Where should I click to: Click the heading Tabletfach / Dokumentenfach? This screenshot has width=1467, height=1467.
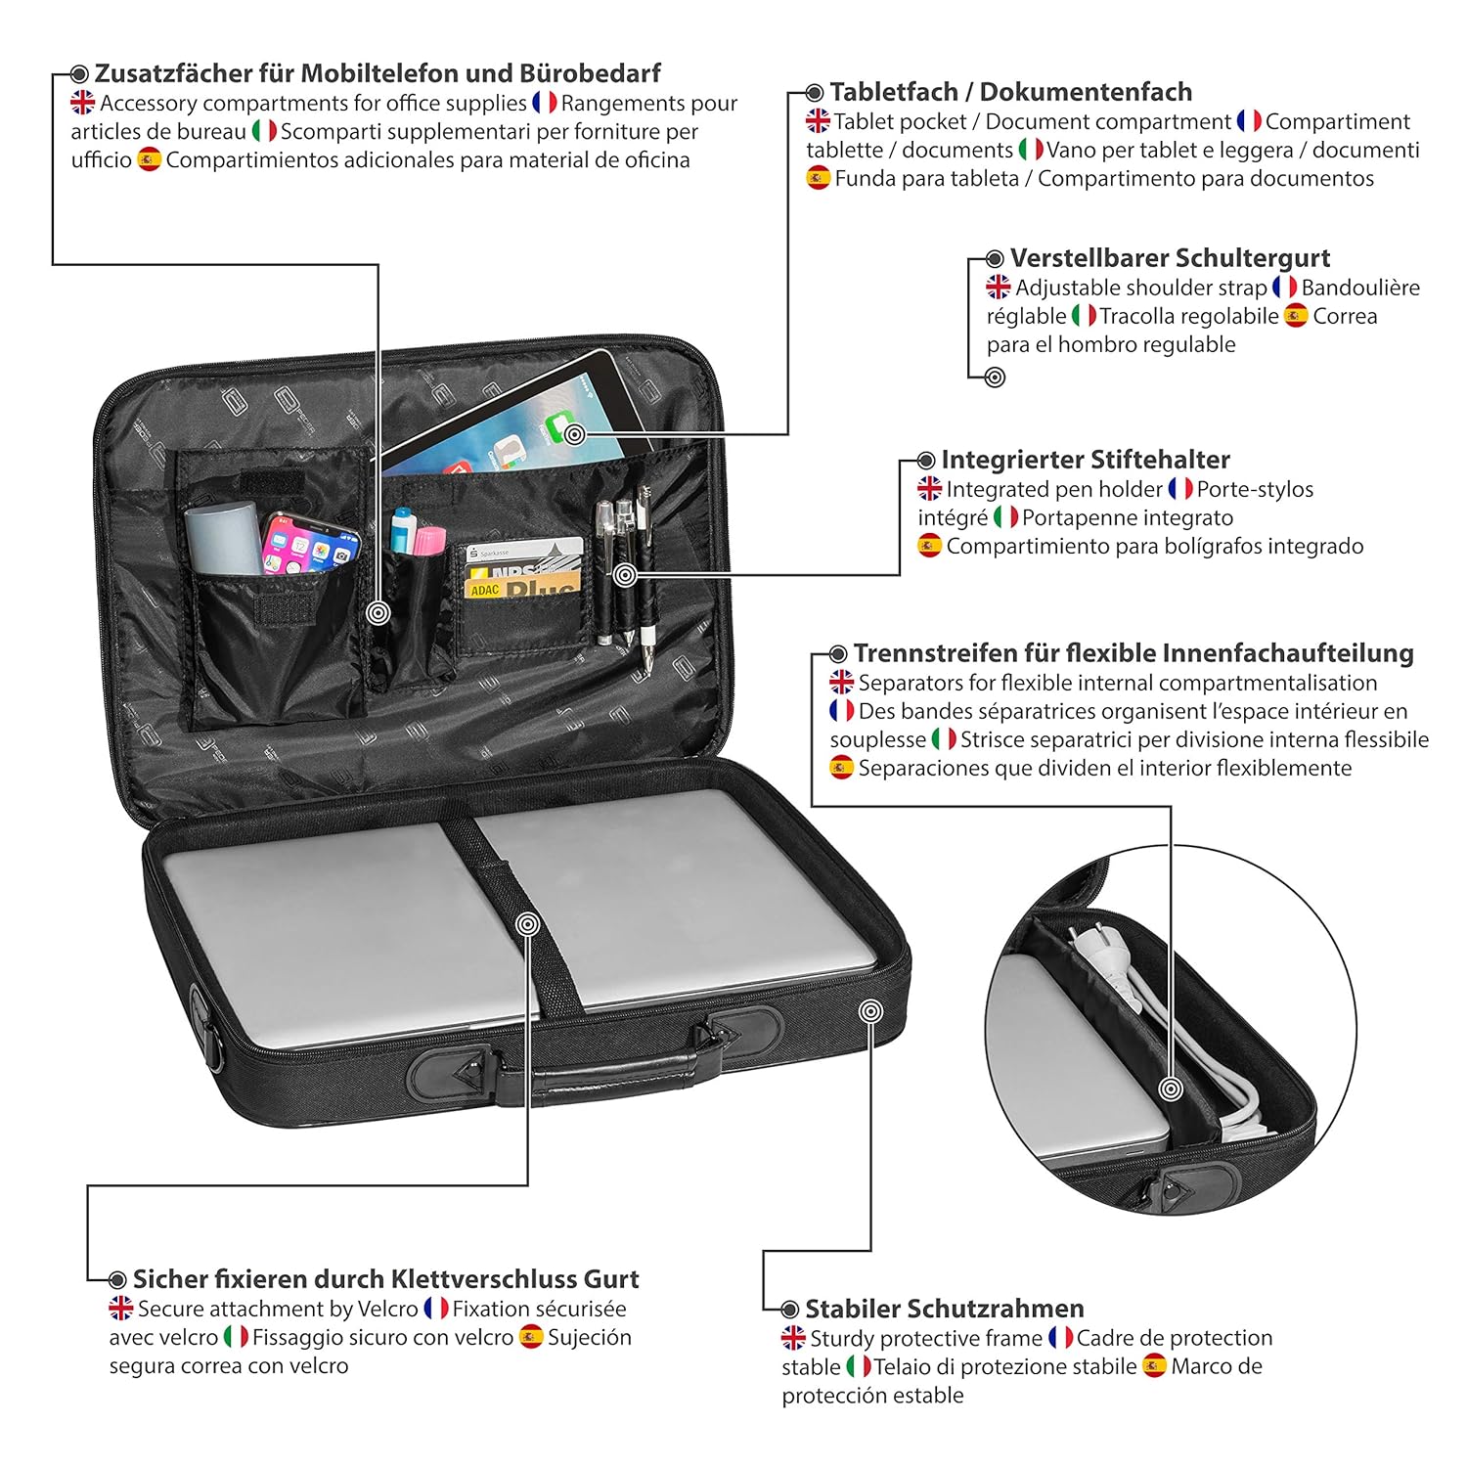click(x=1010, y=92)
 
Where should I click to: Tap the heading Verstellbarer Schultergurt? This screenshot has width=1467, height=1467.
click(x=1170, y=258)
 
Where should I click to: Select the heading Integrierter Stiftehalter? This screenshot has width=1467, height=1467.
click(x=1086, y=460)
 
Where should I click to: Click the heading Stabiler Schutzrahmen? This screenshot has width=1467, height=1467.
click(x=944, y=1309)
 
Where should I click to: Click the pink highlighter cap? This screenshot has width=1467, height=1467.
click(x=429, y=539)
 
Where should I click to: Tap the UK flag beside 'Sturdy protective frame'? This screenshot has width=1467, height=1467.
click(x=793, y=1338)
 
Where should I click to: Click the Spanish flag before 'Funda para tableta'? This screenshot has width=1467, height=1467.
click(x=818, y=178)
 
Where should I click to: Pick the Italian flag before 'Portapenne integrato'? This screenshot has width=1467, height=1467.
click(x=1004, y=517)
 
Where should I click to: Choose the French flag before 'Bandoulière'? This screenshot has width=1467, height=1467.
click(x=1284, y=288)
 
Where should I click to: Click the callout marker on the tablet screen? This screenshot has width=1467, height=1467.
click(x=575, y=434)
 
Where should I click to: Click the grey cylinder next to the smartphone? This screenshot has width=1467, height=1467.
click(x=222, y=538)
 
